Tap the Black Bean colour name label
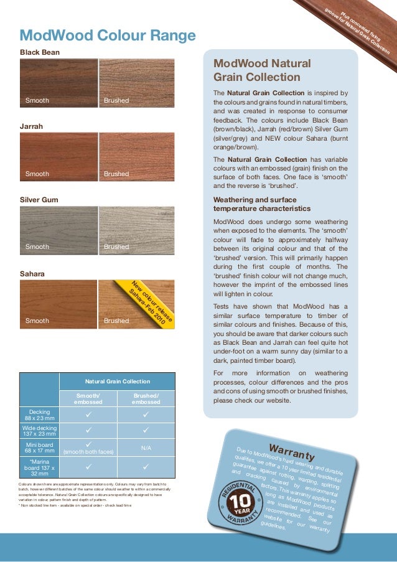40,52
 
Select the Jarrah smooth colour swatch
58,156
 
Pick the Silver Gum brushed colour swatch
137,230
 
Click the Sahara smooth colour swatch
58,304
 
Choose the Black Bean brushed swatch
137,83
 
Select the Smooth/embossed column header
88,398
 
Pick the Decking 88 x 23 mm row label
40,415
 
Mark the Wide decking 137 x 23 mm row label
40,431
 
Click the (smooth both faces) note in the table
88,452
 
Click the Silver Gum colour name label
39,200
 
